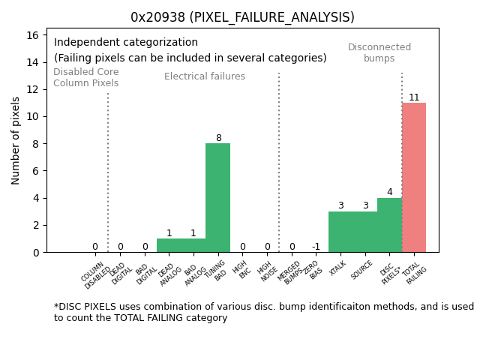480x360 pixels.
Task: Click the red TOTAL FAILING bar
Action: (414, 177)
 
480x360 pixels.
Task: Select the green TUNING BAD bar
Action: (217, 197)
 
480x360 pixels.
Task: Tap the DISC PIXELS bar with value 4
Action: (389, 225)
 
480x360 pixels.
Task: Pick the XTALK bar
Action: (340, 232)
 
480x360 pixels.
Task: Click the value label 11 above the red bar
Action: (414, 97)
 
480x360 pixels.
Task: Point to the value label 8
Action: (218, 138)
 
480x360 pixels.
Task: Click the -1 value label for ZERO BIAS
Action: (316, 247)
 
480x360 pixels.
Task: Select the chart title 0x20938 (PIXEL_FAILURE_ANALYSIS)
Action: (242, 17)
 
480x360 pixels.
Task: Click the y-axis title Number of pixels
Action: (16, 140)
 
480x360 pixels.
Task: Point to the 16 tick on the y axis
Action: (34, 34)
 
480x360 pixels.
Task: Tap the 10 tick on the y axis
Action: (34, 116)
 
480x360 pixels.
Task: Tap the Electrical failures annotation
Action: (205, 76)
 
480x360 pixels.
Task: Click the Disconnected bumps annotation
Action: (379, 52)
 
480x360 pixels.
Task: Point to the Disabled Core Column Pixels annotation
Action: (85, 77)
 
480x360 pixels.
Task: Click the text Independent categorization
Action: (126, 43)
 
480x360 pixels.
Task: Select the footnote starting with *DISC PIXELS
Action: (263, 312)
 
